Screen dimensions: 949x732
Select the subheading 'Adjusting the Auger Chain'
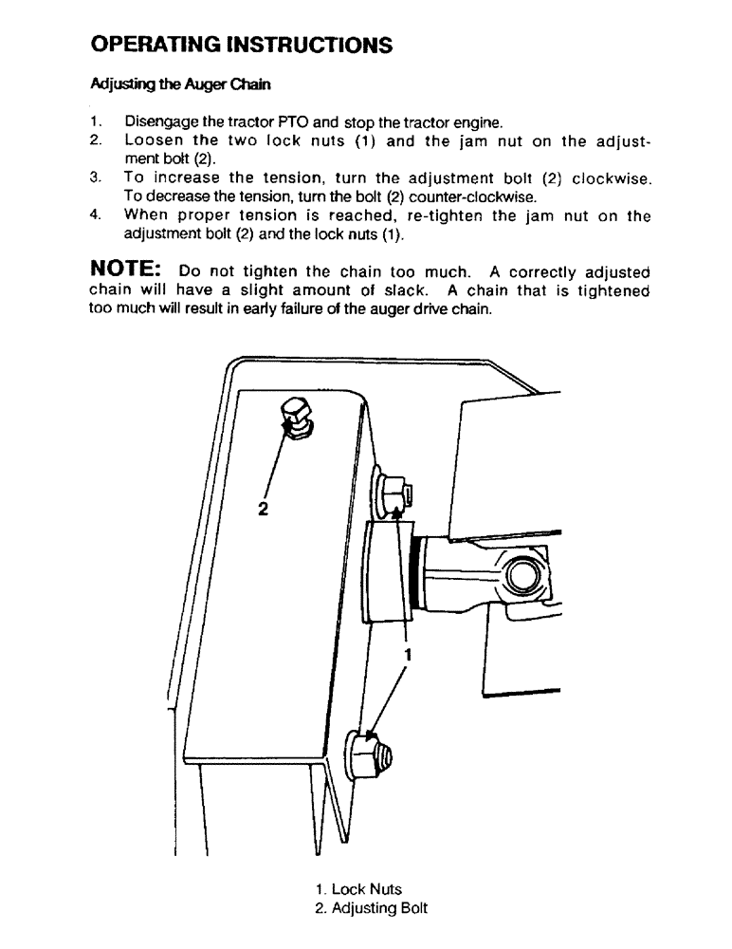(180, 84)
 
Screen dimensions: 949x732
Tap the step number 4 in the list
(95, 215)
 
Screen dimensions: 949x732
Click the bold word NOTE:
(128, 271)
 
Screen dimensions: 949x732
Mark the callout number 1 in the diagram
(409, 655)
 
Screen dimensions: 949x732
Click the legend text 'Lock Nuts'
(366, 889)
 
